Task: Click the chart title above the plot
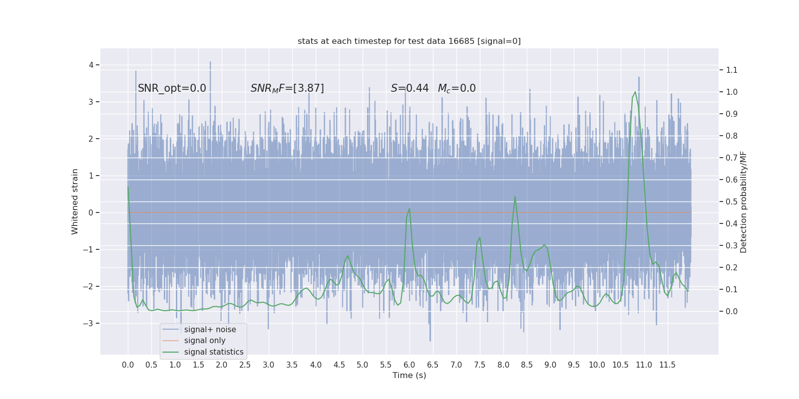point(409,41)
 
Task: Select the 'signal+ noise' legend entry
point(210,329)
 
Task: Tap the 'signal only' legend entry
point(205,341)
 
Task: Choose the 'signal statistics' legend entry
point(214,352)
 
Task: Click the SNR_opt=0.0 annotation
point(172,88)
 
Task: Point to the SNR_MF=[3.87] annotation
point(287,88)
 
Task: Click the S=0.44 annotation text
point(409,88)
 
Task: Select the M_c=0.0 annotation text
point(456,88)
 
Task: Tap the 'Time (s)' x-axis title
point(409,375)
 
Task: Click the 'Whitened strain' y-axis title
point(75,201)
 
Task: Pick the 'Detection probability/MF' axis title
point(744,201)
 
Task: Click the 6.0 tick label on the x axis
point(409,365)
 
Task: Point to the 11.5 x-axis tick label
point(667,365)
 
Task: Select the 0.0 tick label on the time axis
point(128,365)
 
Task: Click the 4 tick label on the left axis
point(91,65)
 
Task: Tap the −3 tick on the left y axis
point(88,323)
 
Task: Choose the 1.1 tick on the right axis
point(732,70)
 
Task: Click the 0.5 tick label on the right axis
point(732,201)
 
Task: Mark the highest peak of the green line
point(635,92)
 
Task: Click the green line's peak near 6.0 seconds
point(409,208)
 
